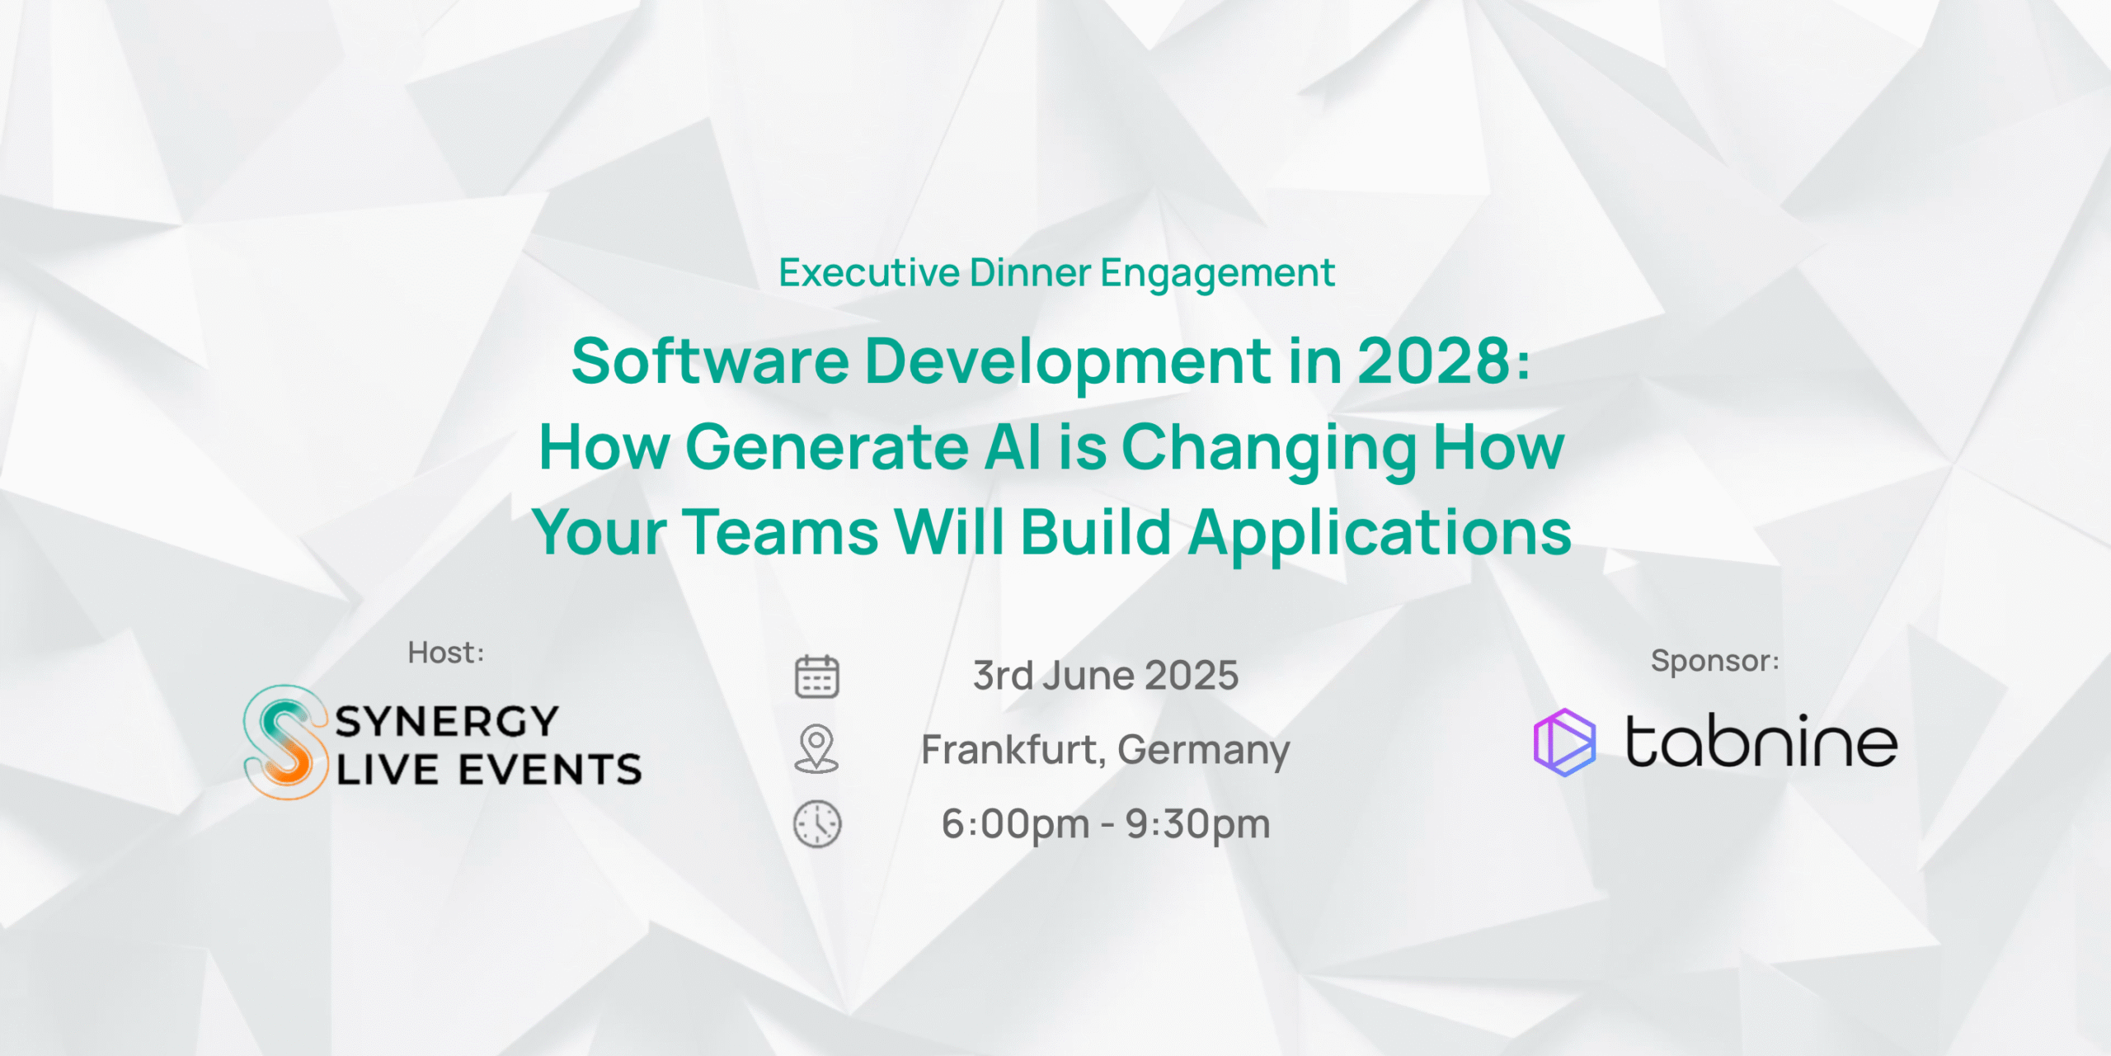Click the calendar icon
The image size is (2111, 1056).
[x=816, y=676]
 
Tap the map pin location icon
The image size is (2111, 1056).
[x=816, y=748]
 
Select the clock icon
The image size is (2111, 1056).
[x=817, y=823]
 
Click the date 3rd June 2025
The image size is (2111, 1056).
[x=1106, y=676]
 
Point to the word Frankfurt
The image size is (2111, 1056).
[x=1009, y=749]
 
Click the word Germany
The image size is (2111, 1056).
[x=1204, y=751]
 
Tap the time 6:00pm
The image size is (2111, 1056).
[x=1016, y=824]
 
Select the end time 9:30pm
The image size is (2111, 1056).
[x=1198, y=824]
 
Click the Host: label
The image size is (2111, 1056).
[x=446, y=653]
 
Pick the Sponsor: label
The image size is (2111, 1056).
[x=1715, y=661]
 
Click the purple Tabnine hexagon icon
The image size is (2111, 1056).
[x=1564, y=742]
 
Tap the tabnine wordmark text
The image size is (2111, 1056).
[x=1761, y=741]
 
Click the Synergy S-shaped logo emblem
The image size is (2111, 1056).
[x=284, y=742]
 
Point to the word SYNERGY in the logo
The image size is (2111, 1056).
[x=448, y=722]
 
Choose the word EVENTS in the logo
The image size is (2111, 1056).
[x=550, y=770]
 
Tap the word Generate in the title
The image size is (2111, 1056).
[x=827, y=446]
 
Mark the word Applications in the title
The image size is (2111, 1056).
[x=1380, y=534]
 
